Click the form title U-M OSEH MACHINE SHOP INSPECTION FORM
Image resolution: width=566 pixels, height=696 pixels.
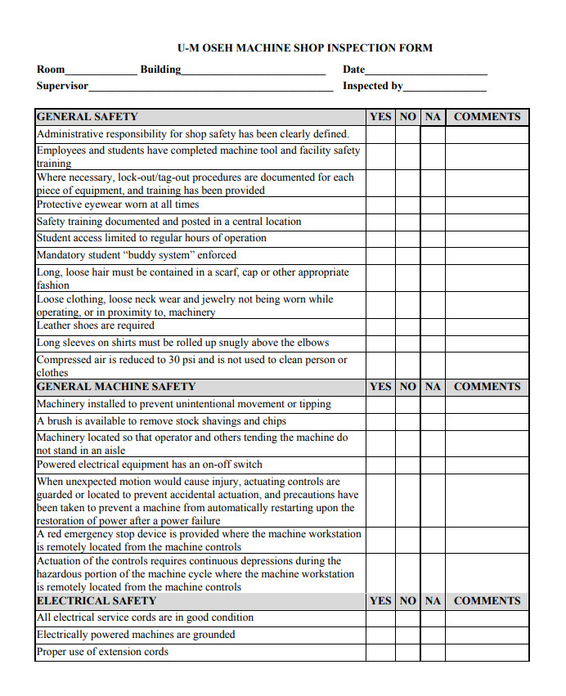(x=305, y=47)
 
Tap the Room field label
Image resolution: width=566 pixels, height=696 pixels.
(x=51, y=70)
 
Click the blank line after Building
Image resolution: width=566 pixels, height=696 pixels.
(x=254, y=71)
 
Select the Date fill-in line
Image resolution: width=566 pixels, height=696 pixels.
(x=426, y=71)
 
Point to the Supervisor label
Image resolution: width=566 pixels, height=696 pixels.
(x=62, y=86)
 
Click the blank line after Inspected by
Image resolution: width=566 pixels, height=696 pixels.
(x=445, y=88)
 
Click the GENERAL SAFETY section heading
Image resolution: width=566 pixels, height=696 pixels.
(x=88, y=117)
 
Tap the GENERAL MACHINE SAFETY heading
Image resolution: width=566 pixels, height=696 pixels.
(x=116, y=387)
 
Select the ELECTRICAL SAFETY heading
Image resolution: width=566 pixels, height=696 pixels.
(x=97, y=601)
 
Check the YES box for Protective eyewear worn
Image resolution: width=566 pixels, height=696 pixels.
(x=380, y=204)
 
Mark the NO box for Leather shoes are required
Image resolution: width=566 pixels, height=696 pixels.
(x=407, y=326)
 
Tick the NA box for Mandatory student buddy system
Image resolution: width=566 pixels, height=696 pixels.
(x=433, y=255)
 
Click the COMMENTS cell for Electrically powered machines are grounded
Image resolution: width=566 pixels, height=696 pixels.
(x=487, y=635)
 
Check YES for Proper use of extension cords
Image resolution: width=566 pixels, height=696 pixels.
(x=380, y=652)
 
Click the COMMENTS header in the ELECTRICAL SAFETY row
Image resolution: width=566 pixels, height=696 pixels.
(x=487, y=601)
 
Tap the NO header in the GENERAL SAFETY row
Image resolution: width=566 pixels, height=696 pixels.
(x=407, y=117)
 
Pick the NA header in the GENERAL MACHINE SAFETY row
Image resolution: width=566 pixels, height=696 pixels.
(x=433, y=387)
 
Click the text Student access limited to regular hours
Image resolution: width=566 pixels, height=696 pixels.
(x=151, y=238)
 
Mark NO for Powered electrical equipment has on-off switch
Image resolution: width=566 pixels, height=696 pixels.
(x=407, y=465)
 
